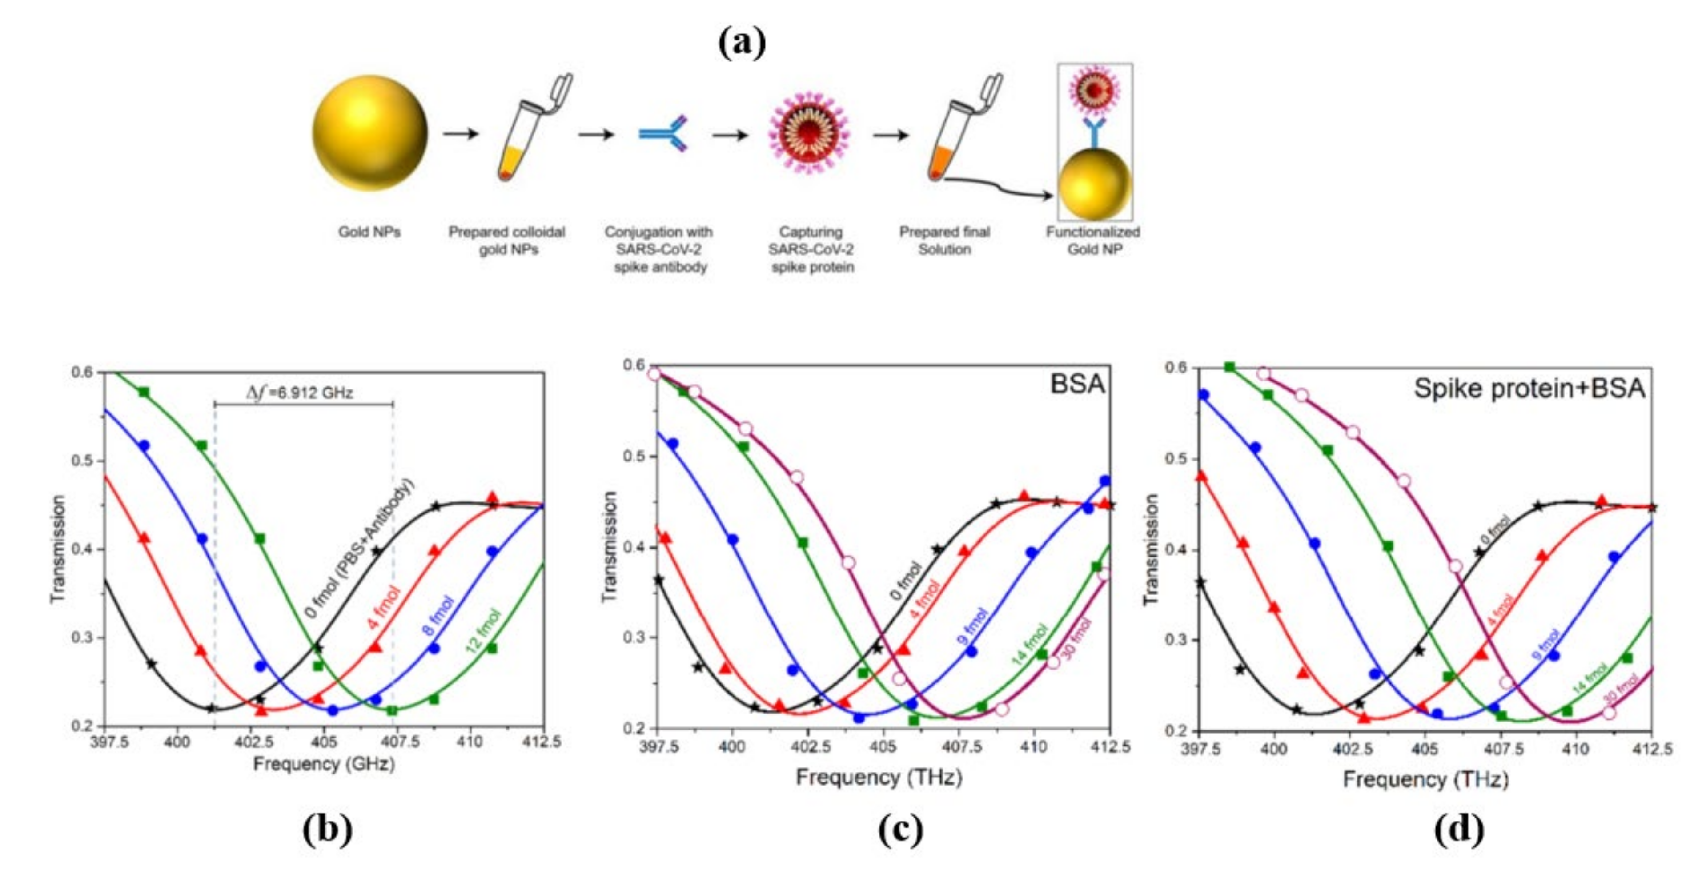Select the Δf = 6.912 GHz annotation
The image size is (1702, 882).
click(x=300, y=393)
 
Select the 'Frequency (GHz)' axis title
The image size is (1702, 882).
click(x=324, y=764)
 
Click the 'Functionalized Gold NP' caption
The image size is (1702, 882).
click(x=1093, y=241)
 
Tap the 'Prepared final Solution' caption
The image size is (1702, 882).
click(x=944, y=241)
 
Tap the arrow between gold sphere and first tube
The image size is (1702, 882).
click(x=461, y=134)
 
